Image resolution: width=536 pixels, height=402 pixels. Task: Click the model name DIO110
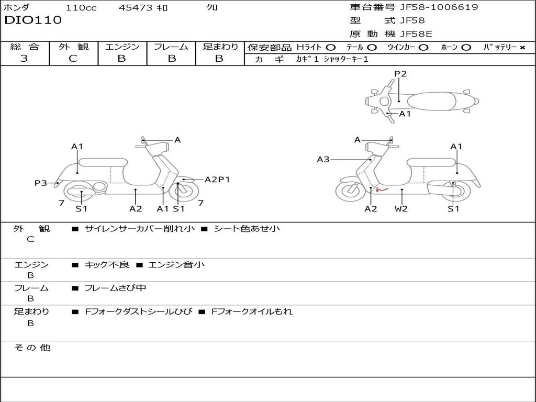click(33, 20)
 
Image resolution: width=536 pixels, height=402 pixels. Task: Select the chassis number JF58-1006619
click(439, 7)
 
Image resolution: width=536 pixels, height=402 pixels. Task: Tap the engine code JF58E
click(416, 34)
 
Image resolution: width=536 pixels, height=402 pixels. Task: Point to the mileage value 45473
click(136, 7)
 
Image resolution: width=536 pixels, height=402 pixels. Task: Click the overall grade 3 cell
click(24, 59)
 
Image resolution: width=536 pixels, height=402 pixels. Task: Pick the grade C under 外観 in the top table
click(73, 59)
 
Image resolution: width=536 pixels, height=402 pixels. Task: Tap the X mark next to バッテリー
click(522, 48)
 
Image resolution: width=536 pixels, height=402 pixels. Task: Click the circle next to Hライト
click(331, 48)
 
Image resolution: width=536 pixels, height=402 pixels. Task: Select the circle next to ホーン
click(466, 48)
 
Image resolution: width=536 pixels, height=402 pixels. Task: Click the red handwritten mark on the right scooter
click(382, 189)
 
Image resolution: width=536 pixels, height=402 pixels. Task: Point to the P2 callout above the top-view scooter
click(400, 74)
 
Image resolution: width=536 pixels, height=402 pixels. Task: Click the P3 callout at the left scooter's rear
click(41, 183)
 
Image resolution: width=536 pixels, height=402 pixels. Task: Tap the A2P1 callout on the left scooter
click(217, 180)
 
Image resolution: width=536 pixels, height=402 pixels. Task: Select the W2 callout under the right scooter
click(401, 208)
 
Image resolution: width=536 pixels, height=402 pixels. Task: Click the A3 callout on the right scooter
click(323, 159)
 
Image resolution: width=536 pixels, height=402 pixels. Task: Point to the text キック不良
click(107, 264)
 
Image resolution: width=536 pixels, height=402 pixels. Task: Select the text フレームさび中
click(115, 288)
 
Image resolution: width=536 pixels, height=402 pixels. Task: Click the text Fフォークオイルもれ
click(252, 311)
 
